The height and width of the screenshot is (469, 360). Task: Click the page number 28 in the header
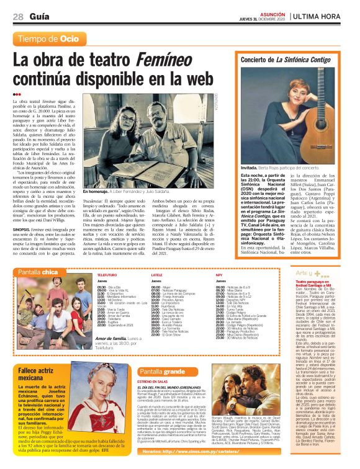tap(18, 16)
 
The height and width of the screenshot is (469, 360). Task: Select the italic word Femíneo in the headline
tap(176, 61)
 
